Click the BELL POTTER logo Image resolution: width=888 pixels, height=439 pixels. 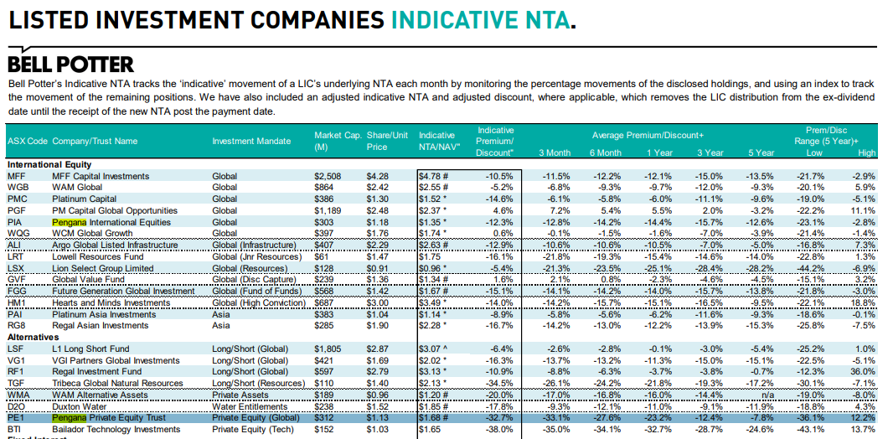point(70,65)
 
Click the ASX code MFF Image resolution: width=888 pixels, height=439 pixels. point(16,177)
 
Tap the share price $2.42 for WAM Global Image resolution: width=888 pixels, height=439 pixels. point(377,188)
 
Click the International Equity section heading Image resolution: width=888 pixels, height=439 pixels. point(49,165)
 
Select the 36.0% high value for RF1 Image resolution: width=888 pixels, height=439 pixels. point(862,371)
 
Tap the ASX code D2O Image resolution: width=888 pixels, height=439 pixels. point(17,406)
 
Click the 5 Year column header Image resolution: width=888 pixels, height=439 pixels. point(761,152)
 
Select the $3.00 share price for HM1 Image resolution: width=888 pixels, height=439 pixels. point(377,303)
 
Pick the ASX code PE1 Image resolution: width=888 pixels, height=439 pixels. point(16,417)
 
